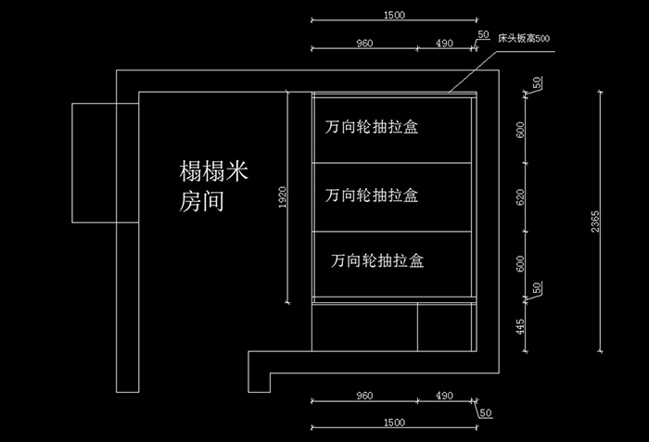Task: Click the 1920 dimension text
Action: click(x=282, y=197)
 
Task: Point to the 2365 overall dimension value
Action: click(x=595, y=221)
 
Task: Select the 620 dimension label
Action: click(x=520, y=197)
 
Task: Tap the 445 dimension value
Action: click(x=520, y=326)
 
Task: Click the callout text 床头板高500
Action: click(x=524, y=39)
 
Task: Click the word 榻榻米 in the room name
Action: click(x=213, y=170)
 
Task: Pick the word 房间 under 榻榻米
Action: click(x=201, y=202)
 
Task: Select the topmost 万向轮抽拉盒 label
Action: click(x=371, y=127)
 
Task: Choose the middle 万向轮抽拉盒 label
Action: click(x=371, y=196)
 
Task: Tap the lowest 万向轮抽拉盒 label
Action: click(x=377, y=260)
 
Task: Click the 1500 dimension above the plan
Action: click(x=394, y=15)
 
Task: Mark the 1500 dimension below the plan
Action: click(x=394, y=423)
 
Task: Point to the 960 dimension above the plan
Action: click(x=364, y=43)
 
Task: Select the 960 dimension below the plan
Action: click(x=364, y=396)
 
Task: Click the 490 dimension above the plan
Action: click(x=444, y=43)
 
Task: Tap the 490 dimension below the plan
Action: click(x=444, y=396)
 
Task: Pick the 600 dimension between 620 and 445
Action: click(x=520, y=264)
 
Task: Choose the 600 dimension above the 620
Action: click(x=520, y=130)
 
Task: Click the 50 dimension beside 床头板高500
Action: click(x=483, y=34)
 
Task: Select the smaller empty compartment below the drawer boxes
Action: click(x=444, y=327)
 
